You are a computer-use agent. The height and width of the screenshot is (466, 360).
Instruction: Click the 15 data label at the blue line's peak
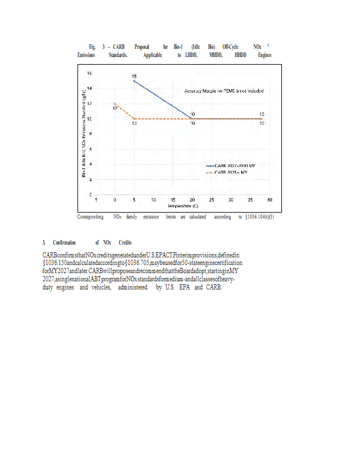pos(134,77)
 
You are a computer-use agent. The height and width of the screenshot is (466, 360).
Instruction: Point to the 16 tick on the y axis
pos(89,73)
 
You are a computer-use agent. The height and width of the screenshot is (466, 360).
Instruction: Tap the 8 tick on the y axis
pos(90,133)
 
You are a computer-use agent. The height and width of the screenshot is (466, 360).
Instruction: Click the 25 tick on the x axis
pos(211,200)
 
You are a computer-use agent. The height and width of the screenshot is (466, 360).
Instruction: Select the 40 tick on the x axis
pos(270,200)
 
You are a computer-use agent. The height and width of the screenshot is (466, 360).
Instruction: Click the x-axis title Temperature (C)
pos(183,206)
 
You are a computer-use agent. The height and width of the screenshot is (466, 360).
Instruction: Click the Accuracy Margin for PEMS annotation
pos(224,91)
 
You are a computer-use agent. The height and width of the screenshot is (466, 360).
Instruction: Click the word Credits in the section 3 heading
pos(125,242)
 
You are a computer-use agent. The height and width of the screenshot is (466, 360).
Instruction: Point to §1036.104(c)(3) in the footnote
pos(257,217)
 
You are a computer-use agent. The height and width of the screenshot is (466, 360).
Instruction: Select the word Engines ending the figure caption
pos(264,55)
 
